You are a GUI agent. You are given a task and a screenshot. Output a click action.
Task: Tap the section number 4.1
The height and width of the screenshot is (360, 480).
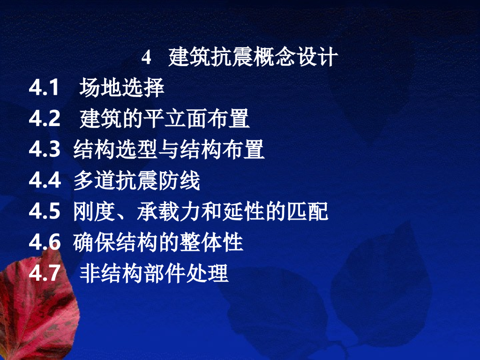[x=45, y=88]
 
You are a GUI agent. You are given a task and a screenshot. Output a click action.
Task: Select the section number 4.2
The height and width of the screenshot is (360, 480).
[x=45, y=119]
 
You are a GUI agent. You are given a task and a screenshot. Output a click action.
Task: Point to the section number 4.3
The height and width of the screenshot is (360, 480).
[x=45, y=150]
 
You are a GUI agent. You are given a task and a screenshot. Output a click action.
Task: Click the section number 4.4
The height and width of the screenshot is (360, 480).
[x=45, y=181]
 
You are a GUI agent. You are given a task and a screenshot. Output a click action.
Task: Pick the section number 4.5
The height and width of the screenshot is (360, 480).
[x=45, y=212]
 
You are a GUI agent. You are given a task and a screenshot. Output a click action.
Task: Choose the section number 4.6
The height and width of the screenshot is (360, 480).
[x=45, y=243]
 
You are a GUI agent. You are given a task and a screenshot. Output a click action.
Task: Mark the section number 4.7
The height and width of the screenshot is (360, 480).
[x=45, y=274]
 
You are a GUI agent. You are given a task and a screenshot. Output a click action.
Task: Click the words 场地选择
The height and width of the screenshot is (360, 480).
[x=122, y=88]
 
